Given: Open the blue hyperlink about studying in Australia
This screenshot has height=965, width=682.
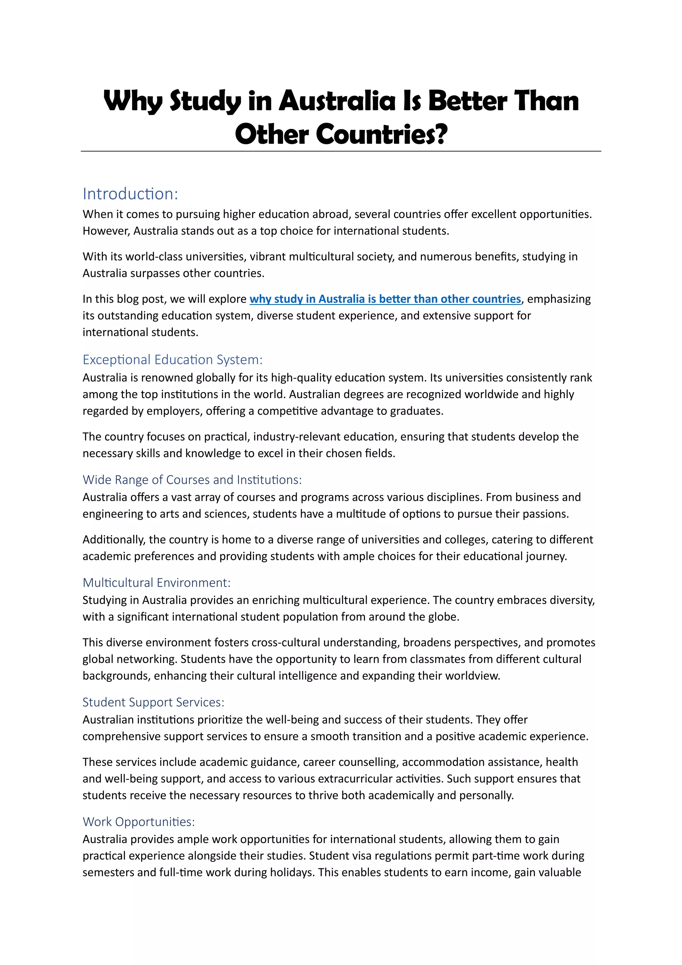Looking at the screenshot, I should coord(385,299).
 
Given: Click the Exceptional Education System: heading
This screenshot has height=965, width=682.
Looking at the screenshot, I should coord(172,360).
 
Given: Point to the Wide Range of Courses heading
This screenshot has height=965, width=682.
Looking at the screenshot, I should coord(192,480).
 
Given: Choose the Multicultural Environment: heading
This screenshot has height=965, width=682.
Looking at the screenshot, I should coord(156,582).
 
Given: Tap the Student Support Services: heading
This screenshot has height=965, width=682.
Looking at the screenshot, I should coord(153,702).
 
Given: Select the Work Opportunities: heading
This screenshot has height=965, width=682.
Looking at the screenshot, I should coord(139,822).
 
